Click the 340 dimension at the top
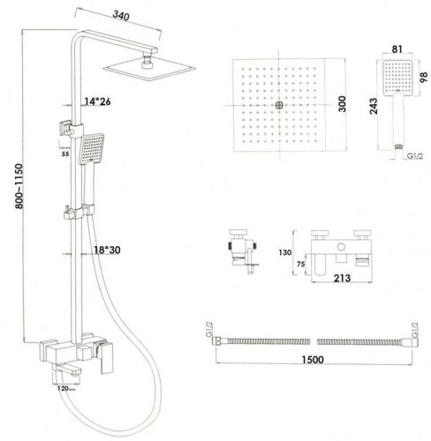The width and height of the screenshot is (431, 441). pyautogui.click(x=121, y=16)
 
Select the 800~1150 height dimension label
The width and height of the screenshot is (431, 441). pyautogui.click(x=19, y=186)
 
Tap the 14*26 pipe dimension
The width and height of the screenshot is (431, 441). pyautogui.click(x=97, y=101)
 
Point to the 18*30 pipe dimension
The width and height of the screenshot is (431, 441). pyautogui.click(x=107, y=250)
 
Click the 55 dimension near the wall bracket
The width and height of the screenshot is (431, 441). pyautogui.click(x=65, y=153)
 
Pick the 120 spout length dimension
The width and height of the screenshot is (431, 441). pyautogui.click(x=63, y=388)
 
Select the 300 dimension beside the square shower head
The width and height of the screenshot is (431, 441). pyautogui.click(x=342, y=104)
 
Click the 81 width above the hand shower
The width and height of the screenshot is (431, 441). pyautogui.click(x=397, y=49)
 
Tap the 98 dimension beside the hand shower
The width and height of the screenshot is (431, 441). pyautogui.click(x=423, y=77)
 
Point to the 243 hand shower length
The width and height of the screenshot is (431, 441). pyautogui.click(x=374, y=106)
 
